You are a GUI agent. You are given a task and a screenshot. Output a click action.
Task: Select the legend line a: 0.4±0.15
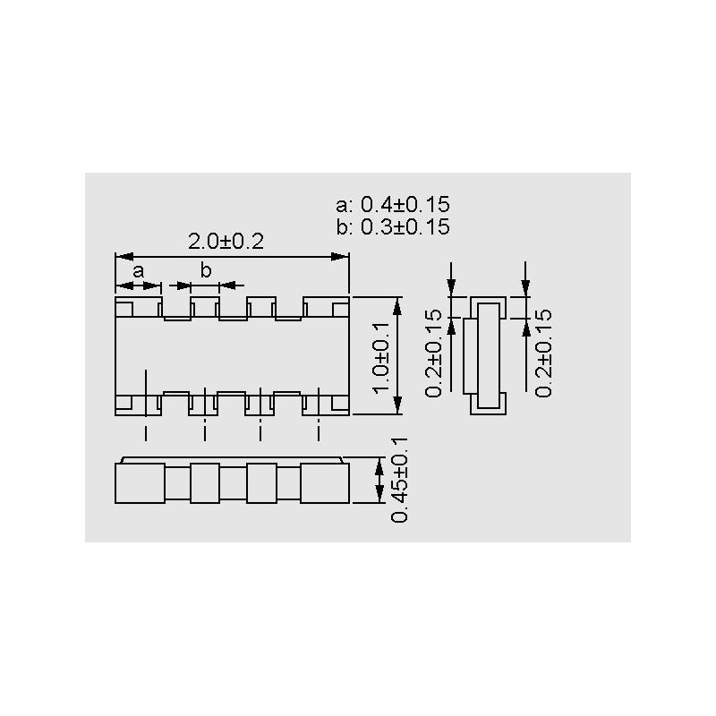392,204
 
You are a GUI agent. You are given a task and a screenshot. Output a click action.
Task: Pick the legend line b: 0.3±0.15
392,226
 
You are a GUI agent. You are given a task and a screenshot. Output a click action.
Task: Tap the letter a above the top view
139,270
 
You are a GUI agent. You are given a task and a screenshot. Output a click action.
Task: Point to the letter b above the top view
206,270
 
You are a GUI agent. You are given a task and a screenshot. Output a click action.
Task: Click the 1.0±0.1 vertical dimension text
379,356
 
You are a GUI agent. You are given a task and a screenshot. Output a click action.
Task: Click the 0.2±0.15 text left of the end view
434,353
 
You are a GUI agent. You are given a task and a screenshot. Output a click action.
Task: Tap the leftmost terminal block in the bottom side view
140,483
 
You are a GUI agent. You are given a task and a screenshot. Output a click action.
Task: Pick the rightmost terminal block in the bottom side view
324,483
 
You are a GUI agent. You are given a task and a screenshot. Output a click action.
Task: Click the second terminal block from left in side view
205,483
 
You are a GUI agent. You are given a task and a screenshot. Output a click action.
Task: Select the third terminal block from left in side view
260,483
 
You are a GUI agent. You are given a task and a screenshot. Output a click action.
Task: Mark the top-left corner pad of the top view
124,308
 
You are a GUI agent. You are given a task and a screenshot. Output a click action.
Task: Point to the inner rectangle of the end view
488,355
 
